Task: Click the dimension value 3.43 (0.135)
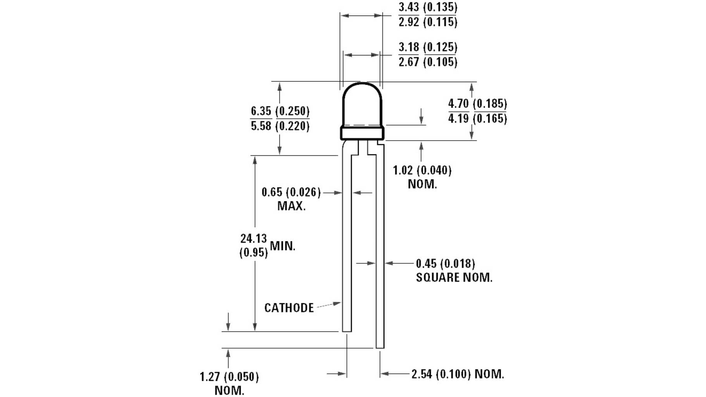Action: click(x=428, y=7)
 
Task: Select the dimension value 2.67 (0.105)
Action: click(x=428, y=62)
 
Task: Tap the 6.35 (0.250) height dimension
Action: click(x=280, y=111)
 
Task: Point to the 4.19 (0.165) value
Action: click(x=477, y=119)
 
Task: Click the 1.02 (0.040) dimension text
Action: click(x=422, y=170)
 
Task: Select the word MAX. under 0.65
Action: click(x=291, y=206)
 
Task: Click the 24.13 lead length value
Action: click(x=253, y=238)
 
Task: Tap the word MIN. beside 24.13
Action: click(x=282, y=246)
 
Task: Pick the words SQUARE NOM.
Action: click(x=454, y=278)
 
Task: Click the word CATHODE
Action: click(x=289, y=308)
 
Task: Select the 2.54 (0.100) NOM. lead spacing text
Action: click(x=457, y=374)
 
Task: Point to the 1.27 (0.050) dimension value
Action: click(x=229, y=377)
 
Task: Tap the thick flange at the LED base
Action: click(x=362, y=133)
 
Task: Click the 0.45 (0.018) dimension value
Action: click(x=445, y=264)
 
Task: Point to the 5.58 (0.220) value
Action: click(x=280, y=126)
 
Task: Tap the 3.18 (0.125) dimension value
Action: click(x=428, y=47)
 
